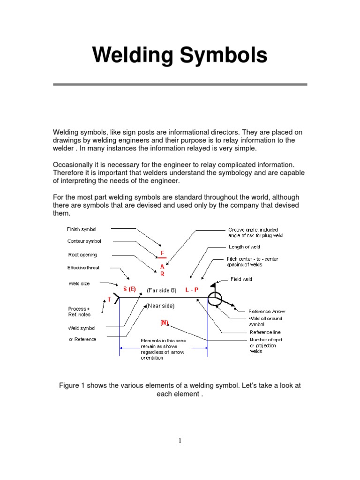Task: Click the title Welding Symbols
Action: (180, 55)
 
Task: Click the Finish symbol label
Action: (82, 230)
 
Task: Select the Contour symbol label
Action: (84, 241)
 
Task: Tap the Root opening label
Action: (82, 255)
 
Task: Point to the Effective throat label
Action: (83, 268)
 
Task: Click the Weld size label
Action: (79, 284)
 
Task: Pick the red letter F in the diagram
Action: (162, 253)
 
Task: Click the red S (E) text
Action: (129, 289)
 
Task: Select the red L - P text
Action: (192, 290)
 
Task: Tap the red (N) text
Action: (165, 322)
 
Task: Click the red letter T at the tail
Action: (110, 299)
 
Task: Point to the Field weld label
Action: (241, 279)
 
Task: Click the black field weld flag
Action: (213, 284)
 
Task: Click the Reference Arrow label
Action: (266, 311)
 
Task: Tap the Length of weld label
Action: (244, 247)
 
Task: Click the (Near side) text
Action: (160, 306)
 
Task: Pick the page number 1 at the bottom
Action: (180, 441)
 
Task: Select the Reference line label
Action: (265, 332)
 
